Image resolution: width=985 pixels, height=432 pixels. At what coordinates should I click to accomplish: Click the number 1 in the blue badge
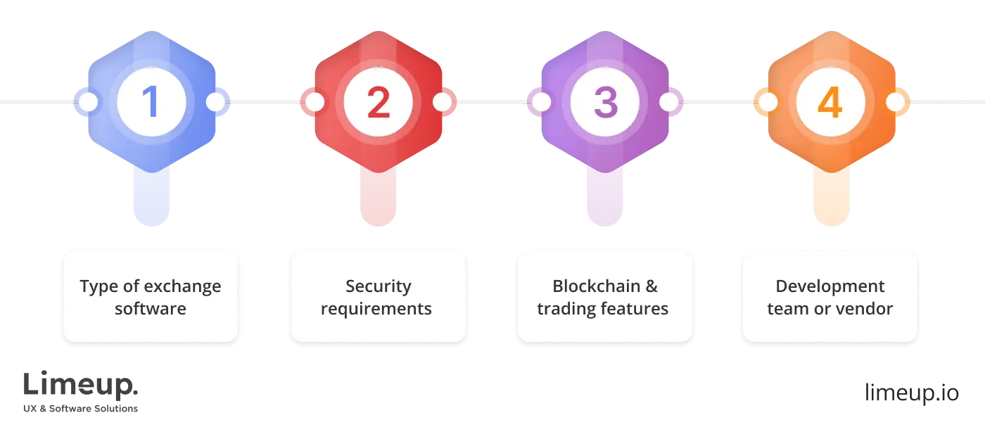[x=151, y=103]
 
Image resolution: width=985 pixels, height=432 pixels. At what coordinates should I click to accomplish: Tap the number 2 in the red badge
[x=378, y=103]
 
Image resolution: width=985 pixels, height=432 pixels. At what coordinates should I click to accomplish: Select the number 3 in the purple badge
[x=604, y=103]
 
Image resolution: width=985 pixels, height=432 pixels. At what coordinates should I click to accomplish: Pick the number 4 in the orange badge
[x=830, y=103]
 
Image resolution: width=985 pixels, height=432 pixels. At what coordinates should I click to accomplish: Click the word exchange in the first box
[x=186, y=286]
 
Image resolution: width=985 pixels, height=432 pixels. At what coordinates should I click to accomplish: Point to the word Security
[x=378, y=286]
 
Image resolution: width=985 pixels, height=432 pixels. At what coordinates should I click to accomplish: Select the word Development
[x=830, y=286]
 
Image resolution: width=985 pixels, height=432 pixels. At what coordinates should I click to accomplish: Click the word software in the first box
[x=151, y=308]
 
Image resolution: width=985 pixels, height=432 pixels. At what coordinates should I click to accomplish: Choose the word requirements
[x=376, y=308]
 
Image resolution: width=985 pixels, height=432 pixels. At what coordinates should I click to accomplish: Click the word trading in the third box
[x=564, y=308]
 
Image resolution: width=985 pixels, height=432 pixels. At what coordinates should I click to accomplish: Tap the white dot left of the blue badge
[x=88, y=103]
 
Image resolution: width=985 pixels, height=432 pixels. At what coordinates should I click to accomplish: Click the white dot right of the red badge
[x=442, y=103]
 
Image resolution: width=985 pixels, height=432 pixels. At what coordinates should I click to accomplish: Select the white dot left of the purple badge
[x=541, y=103]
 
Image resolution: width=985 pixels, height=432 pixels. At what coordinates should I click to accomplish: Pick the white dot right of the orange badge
[x=895, y=103]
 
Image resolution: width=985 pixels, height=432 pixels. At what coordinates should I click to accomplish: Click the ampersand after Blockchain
[x=652, y=286]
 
